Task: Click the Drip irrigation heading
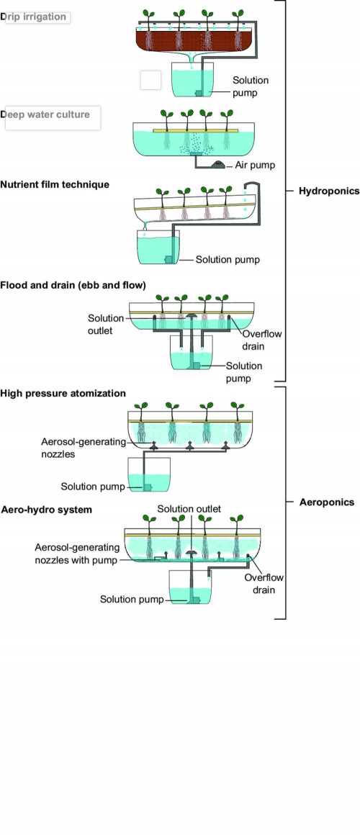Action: point(36,17)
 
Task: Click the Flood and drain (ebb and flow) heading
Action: point(73,285)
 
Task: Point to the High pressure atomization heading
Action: point(63,393)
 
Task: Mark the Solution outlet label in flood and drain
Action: point(105,323)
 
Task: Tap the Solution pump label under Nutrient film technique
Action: point(228,259)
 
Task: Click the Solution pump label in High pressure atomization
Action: point(93,487)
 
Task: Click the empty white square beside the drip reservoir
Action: point(150,81)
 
